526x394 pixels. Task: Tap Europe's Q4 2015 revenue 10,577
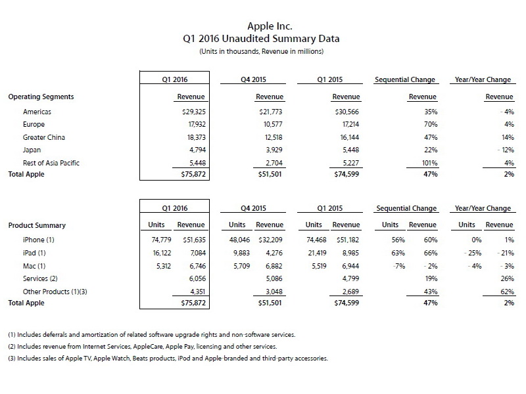tap(270, 125)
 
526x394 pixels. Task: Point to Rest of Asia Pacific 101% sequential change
tap(427, 162)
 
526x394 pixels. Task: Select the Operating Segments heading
tap(41, 97)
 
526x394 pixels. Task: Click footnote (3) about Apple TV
tap(168, 359)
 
